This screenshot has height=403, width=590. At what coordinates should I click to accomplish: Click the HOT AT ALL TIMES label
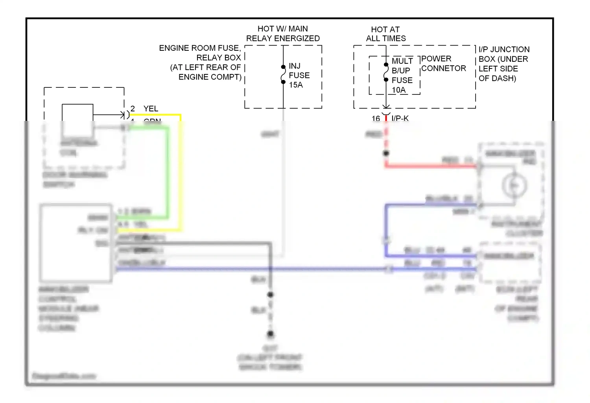(x=385, y=34)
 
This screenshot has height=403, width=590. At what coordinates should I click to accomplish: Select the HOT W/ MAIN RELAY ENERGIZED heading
(x=283, y=33)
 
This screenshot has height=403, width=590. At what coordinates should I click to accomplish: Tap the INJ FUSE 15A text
(x=299, y=75)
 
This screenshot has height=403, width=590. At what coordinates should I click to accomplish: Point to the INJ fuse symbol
(x=283, y=74)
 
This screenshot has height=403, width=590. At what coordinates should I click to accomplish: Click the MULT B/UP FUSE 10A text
(x=402, y=75)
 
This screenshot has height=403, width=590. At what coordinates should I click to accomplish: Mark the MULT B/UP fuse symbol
(x=386, y=72)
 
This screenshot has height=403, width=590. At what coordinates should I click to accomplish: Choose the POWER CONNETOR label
(x=444, y=63)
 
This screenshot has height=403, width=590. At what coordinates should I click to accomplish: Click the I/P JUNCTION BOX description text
(x=503, y=64)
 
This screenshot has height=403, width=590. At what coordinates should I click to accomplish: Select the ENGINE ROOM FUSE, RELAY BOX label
(x=205, y=62)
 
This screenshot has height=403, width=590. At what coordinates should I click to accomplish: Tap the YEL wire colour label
(x=151, y=109)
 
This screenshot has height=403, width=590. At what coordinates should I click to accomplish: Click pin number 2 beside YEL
(x=133, y=109)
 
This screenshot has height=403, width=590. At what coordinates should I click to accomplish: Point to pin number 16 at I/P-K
(x=376, y=118)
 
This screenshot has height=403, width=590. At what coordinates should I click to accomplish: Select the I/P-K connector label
(x=400, y=118)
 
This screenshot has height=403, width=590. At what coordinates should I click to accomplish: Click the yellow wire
(x=181, y=173)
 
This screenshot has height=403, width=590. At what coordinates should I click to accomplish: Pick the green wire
(x=168, y=173)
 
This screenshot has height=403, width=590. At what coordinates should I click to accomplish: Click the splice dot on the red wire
(x=386, y=153)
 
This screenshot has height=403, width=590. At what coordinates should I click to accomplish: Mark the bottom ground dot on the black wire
(x=271, y=334)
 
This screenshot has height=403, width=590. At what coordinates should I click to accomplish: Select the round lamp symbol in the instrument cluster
(x=514, y=185)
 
